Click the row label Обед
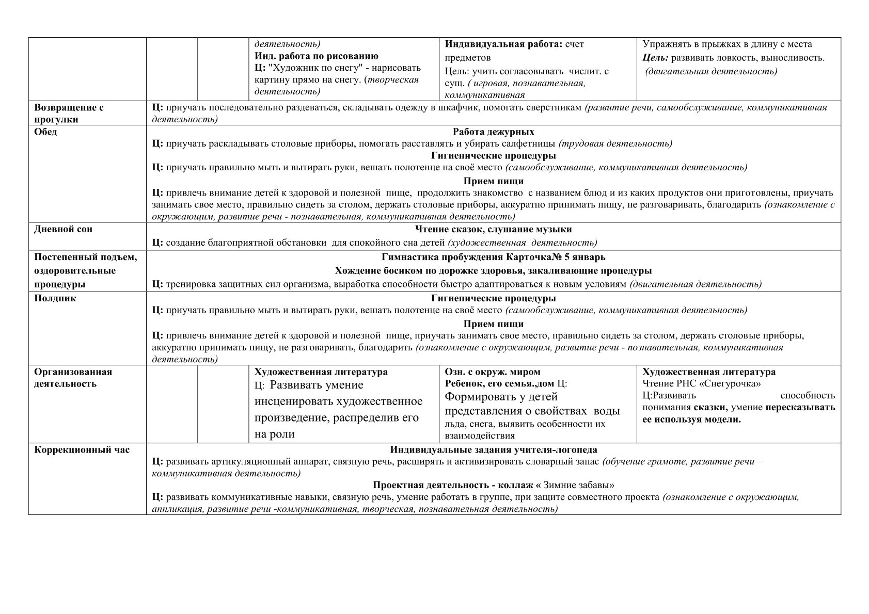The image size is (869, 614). pyautogui.click(x=45, y=132)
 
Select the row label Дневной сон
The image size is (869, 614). pyautogui.click(x=63, y=230)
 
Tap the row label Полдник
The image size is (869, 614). pyautogui.click(x=55, y=299)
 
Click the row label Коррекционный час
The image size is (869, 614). pyautogui.click(x=82, y=450)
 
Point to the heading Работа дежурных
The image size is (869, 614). pyautogui.click(x=493, y=132)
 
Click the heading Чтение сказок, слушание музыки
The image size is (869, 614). pyautogui.click(x=493, y=230)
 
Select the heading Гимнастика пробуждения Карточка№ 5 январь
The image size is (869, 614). pyautogui.click(x=493, y=257)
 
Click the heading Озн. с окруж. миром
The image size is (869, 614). pyautogui.click(x=492, y=372)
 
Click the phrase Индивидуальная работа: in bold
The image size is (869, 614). pyautogui.click(x=503, y=44)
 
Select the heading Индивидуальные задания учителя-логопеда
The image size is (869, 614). pyautogui.click(x=493, y=450)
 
